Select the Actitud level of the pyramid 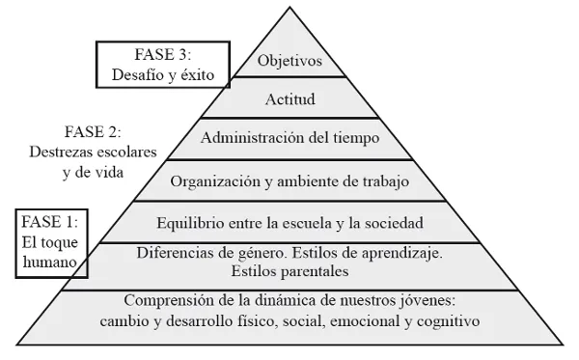pyautogui.click(x=290, y=99)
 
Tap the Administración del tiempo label pyautogui.click(x=290, y=138)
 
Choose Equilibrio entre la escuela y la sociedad pyautogui.click(x=290, y=222)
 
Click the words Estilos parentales pyautogui.click(x=289, y=270)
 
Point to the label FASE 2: pyautogui.click(x=93, y=130)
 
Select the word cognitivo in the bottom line pyautogui.click(x=447, y=319)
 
